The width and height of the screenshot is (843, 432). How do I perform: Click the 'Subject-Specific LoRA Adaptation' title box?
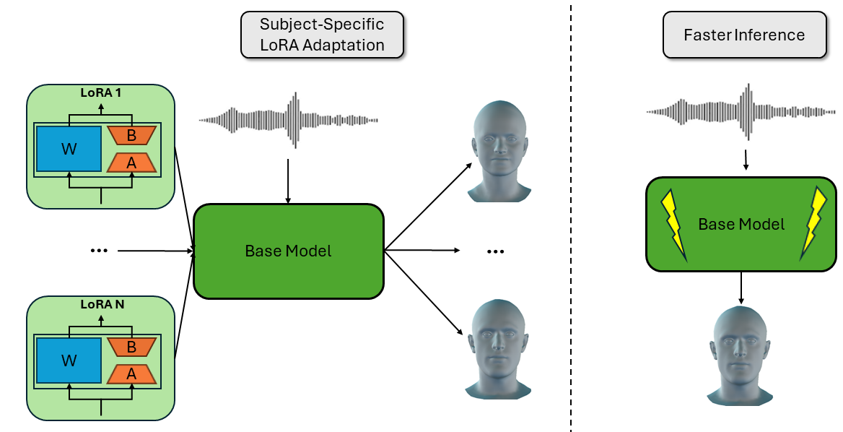point(322,35)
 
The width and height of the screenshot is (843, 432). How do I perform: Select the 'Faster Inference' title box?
point(744,35)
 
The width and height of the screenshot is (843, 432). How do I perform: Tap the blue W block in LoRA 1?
point(69,150)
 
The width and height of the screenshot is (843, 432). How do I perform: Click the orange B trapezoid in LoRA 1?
point(131,134)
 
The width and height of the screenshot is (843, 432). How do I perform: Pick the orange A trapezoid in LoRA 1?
point(131,163)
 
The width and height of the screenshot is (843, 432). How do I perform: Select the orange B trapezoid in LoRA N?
point(131,347)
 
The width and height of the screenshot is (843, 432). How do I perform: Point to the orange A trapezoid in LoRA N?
point(131,373)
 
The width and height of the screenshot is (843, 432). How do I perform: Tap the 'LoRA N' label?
point(101,304)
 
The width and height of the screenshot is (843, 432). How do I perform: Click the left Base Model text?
point(288,251)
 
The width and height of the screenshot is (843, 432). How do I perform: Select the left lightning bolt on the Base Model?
point(674,224)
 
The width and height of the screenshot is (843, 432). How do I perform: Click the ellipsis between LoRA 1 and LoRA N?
point(99,251)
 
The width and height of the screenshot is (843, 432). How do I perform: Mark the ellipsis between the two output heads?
point(494,251)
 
